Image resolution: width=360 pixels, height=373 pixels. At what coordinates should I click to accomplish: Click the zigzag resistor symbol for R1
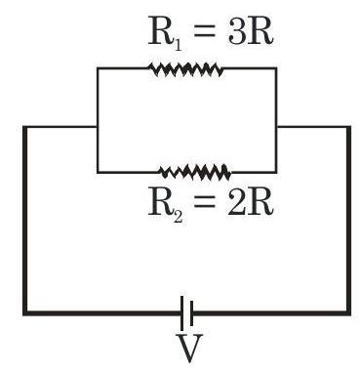(x=185, y=69)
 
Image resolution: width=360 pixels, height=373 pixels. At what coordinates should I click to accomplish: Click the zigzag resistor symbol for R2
(x=195, y=172)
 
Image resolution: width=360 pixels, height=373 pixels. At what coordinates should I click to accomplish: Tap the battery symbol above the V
(x=187, y=312)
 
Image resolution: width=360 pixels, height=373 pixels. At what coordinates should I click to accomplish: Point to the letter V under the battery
(x=189, y=348)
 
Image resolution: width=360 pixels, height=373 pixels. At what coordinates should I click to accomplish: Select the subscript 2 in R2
(x=178, y=216)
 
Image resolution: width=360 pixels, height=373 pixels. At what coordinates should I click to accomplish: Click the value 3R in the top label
(x=250, y=30)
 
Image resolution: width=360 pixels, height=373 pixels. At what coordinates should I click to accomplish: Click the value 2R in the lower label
(x=250, y=202)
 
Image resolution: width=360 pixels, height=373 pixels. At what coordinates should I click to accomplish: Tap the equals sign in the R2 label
(x=204, y=202)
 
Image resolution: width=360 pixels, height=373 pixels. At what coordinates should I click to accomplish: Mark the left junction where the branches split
(x=98, y=126)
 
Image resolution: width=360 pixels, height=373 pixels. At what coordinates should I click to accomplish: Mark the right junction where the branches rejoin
(x=276, y=126)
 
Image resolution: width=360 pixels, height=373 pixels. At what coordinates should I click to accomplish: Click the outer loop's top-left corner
(x=24, y=127)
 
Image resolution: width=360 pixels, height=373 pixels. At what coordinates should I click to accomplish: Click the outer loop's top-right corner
(x=348, y=127)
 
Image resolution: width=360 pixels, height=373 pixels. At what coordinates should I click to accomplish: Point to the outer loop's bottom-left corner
(x=24, y=313)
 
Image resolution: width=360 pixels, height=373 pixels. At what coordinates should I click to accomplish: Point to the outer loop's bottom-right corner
(x=348, y=313)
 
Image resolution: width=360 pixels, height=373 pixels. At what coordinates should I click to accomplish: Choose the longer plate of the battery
(x=182, y=312)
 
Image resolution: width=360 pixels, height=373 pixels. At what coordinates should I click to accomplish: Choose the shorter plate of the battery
(x=191, y=313)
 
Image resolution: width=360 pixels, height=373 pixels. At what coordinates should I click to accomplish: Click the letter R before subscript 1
(x=160, y=30)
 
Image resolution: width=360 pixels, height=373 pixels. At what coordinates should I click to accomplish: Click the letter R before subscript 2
(x=160, y=202)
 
